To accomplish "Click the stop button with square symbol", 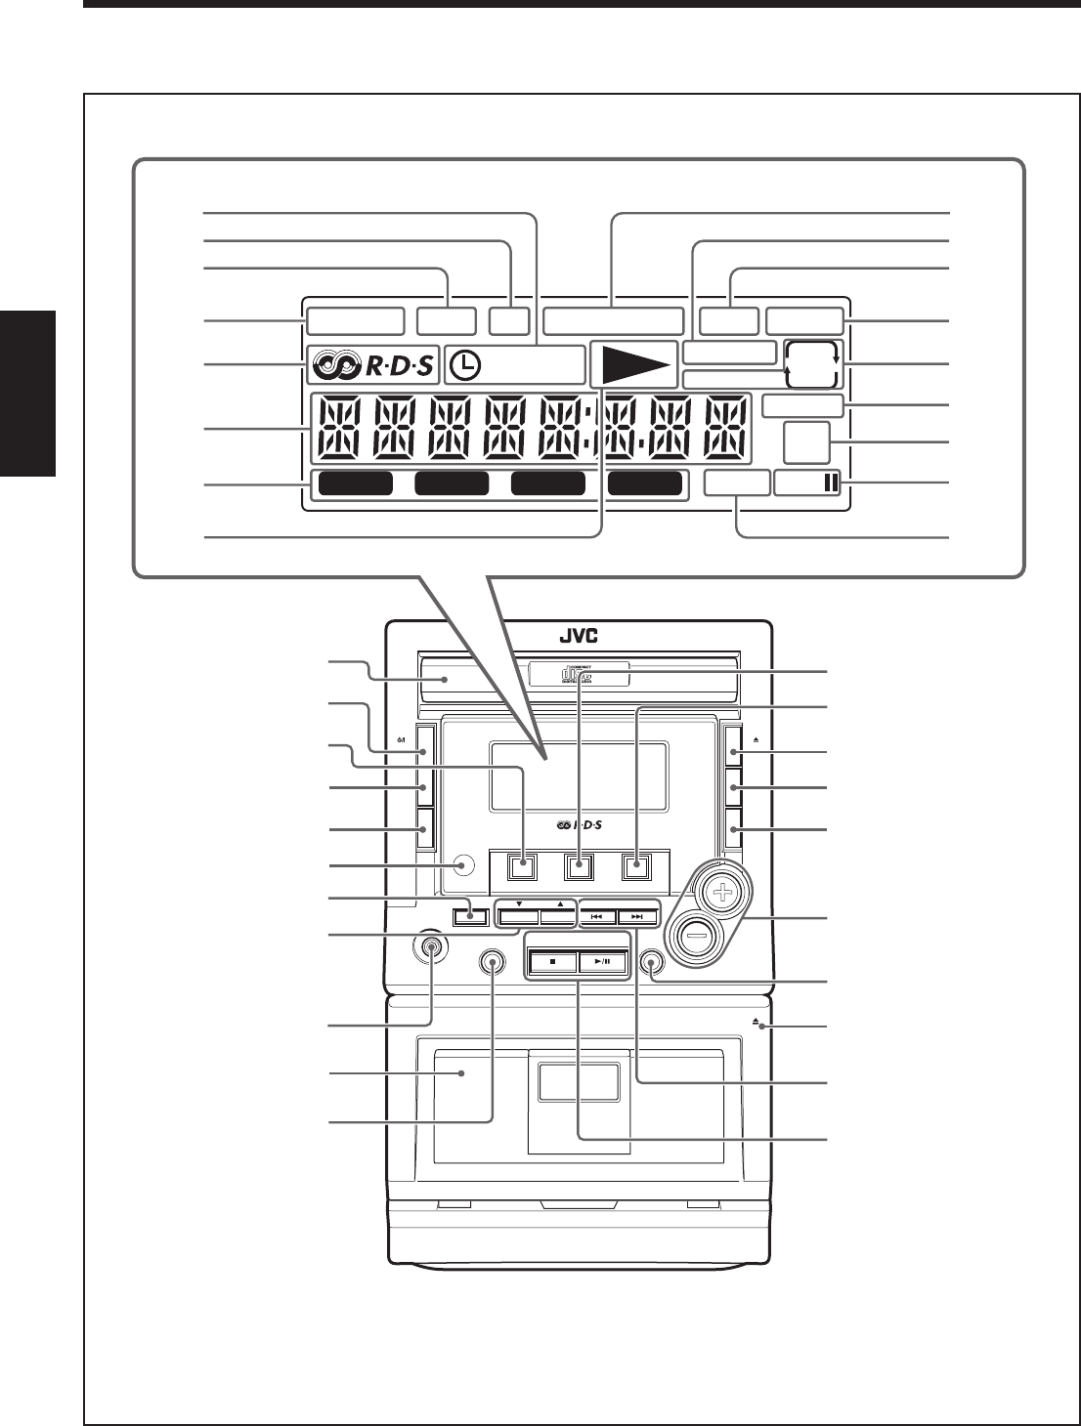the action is [551, 961].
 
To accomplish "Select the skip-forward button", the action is [637, 917].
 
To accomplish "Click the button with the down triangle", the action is [519, 917].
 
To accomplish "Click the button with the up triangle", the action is [559, 917].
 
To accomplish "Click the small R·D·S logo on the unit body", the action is [580, 825].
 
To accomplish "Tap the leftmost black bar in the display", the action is [355, 483].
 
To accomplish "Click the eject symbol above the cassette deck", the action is [757, 1021].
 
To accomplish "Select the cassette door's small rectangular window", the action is [578, 1083].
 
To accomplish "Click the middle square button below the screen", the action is [582, 864].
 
